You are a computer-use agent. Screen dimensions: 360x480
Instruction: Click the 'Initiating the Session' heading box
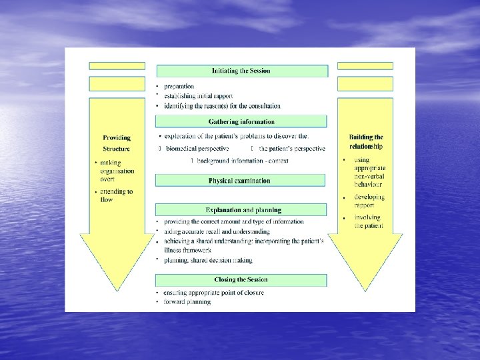[241, 71]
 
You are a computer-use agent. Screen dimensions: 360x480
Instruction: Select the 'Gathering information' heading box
[241, 122]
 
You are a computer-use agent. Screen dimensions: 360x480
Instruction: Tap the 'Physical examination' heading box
[240, 180]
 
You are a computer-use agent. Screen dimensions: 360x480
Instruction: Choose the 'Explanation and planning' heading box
[241, 210]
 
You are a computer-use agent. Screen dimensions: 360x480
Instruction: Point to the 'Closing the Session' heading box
[241, 279]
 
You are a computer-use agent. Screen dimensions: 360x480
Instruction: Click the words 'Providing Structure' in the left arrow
[117, 143]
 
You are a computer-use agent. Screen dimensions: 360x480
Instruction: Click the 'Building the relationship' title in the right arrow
[366, 142]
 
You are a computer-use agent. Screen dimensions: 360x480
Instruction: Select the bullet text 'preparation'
[179, 87]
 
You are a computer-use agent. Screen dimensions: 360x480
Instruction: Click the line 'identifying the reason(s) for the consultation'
[222, 106]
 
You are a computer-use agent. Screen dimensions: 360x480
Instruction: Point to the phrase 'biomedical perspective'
[197, 148]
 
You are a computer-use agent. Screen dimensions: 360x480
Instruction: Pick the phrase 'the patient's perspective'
[292, 148]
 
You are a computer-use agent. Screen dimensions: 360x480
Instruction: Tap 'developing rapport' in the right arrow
[369, 201]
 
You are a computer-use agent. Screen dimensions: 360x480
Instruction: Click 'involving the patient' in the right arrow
[368, 221]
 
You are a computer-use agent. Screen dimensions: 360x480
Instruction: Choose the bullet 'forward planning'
[187, 302]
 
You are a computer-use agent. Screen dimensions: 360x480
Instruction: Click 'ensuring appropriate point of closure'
[214, 293]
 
